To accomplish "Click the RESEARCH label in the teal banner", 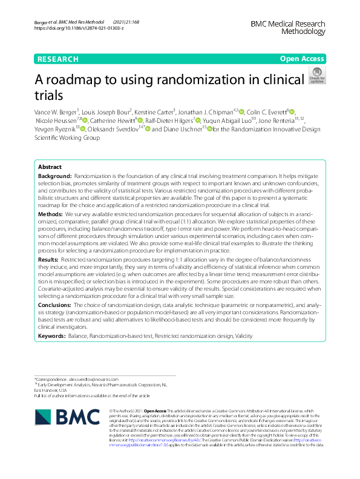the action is (x=57, y=59).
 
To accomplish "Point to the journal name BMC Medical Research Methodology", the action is (x=291, y=28).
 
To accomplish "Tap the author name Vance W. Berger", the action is (x=59, y=112).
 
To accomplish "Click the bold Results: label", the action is (x=48, y=259).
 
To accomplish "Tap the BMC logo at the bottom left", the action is (x=65, y=418).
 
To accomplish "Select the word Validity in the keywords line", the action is (x=245, y=335).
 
